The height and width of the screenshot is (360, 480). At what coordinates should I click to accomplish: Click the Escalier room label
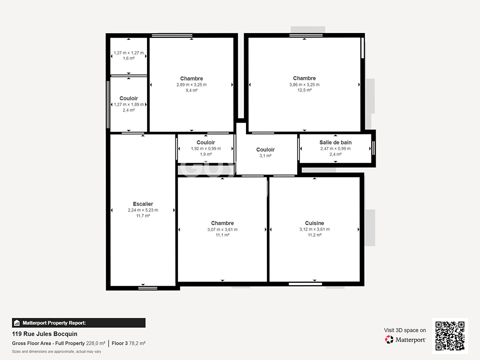point(143,204)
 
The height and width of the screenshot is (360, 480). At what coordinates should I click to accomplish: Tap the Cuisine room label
point(314,223)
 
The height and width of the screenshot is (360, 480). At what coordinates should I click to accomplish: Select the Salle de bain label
point(335,143)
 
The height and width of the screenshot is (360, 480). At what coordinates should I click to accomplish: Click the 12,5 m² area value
point(304,90)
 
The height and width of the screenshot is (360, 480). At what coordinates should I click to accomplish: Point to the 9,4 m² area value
point(191,90)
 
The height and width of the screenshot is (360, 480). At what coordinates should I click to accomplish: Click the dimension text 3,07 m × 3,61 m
point(222,230)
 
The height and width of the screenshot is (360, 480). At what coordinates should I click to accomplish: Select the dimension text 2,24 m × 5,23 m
point(143,210)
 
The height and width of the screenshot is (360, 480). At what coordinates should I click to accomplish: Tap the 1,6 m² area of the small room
point(129,58)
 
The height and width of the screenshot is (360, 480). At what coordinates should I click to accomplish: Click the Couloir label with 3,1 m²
point(265,150)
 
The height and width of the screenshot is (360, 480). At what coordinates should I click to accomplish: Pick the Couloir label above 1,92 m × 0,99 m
point(206,143)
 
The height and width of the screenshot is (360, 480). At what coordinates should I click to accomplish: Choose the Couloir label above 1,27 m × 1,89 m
point(129,99)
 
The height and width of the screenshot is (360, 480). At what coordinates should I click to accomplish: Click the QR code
point(450,336)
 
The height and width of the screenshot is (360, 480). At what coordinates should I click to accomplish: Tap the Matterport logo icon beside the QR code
point(389,340)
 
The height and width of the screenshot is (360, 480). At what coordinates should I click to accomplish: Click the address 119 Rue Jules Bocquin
point(45,334)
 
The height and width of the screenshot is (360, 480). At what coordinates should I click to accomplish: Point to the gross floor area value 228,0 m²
point(96,343)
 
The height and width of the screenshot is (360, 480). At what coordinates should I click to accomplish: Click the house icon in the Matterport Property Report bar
point(17,323)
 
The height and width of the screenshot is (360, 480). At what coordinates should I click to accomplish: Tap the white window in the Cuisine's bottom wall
point(305,284)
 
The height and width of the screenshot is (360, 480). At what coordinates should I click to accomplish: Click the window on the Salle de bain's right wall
point(373,148)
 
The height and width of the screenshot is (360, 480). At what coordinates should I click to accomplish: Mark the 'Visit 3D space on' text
point(405,330)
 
